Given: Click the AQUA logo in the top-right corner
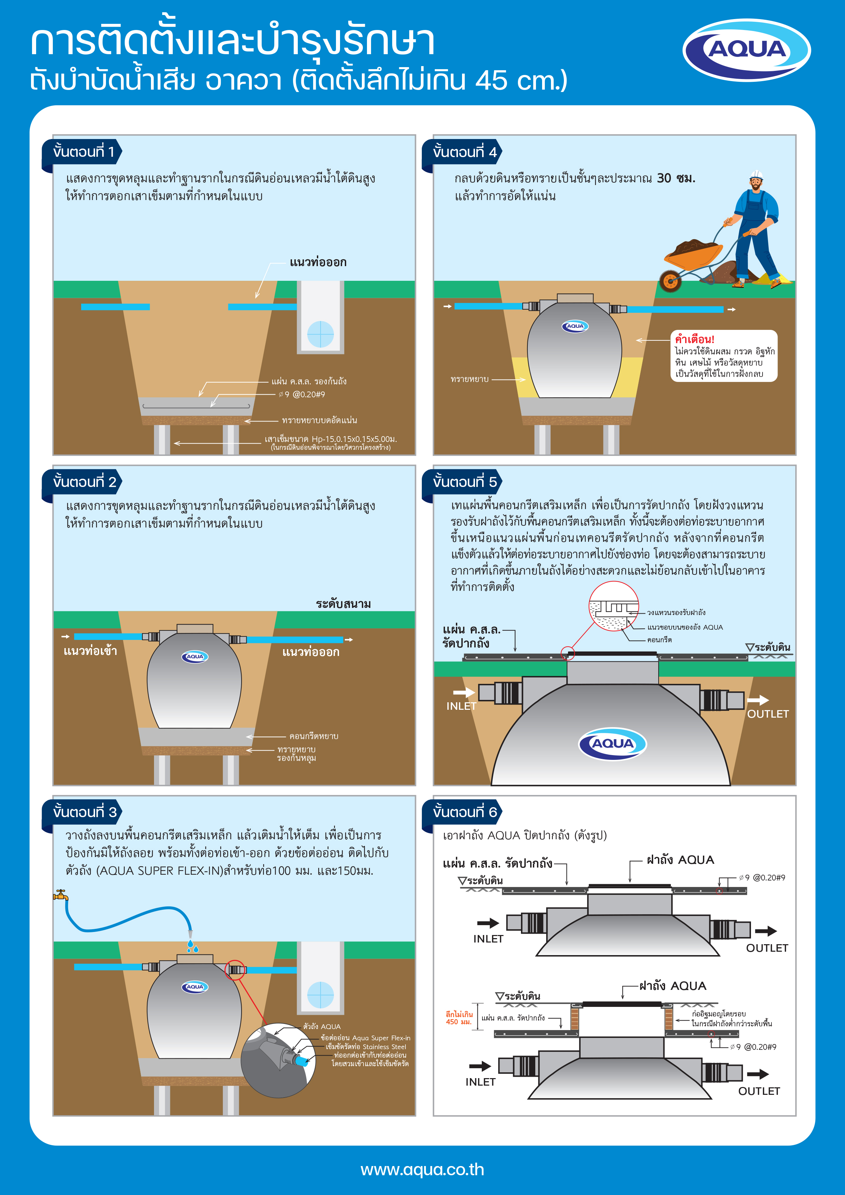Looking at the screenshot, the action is point(747,50).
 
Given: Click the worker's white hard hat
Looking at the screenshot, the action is point(756,174).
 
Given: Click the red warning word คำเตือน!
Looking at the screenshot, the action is point(695,339).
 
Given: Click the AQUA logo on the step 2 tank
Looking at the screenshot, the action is point(195,657).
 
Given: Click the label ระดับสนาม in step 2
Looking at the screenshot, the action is point(343,604).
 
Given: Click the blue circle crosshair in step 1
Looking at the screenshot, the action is point(321,334).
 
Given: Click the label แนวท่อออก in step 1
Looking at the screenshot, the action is point(318,262).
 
